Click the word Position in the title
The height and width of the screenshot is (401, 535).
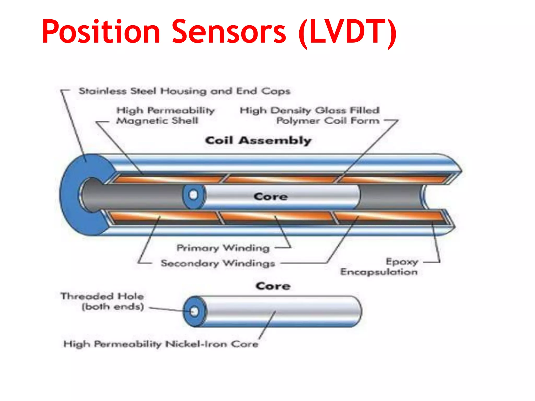101,32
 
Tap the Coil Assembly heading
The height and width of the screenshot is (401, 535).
258,140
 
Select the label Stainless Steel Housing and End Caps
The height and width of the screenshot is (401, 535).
184,91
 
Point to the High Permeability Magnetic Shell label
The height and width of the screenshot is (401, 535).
165,115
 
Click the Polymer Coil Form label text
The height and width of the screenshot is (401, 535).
328,121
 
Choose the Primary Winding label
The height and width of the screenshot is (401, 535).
223,247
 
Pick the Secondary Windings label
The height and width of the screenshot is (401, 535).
218,263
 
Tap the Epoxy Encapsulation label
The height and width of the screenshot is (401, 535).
379,267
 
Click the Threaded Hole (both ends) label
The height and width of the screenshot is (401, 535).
102,301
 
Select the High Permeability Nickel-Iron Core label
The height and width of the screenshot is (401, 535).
161,344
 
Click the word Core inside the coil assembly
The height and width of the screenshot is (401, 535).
271,197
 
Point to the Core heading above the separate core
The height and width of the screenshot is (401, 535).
273,286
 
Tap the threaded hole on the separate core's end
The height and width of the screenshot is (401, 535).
194,311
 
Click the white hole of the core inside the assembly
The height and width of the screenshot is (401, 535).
193,195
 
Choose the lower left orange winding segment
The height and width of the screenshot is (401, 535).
165,216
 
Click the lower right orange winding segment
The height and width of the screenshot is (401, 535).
389,216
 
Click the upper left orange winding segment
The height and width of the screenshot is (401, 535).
170,179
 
